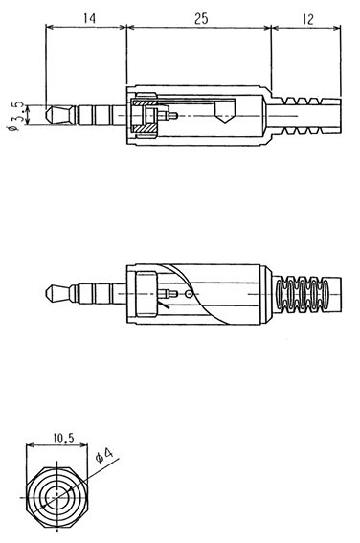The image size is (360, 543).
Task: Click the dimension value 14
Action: tap(89, 18)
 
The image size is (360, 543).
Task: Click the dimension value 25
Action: tap(201, 18)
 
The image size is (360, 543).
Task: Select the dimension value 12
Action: tap(307, 19)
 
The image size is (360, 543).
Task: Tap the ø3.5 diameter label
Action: tap(16, 116)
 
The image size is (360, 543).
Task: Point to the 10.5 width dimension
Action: tap(63, 438)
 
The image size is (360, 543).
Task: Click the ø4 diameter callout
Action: tap(104, 456)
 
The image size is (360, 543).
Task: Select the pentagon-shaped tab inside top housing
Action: tap(225, 111)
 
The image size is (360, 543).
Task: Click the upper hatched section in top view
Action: tap(145, 102)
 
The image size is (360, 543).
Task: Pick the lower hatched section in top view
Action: tap(145, 128)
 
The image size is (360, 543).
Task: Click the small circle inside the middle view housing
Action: tap(189, 294)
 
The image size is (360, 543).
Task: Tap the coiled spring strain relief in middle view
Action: tap(303, 294)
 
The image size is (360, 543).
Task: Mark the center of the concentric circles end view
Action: tap(57, 497)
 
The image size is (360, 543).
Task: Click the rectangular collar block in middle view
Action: tap(146, 294)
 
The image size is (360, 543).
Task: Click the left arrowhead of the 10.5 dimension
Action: tap(30, 445)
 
